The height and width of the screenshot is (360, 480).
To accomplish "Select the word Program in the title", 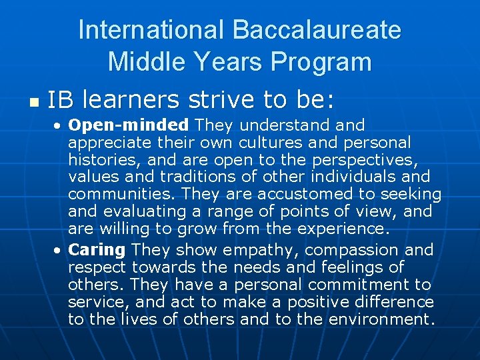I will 321,62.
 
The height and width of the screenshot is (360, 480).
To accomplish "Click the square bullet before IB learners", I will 33,103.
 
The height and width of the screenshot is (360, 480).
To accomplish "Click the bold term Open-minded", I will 129,125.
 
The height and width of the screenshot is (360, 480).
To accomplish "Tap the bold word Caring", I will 97,250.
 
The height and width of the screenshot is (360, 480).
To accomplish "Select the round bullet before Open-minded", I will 59,125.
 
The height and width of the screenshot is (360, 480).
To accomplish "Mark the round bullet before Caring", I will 59,251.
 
